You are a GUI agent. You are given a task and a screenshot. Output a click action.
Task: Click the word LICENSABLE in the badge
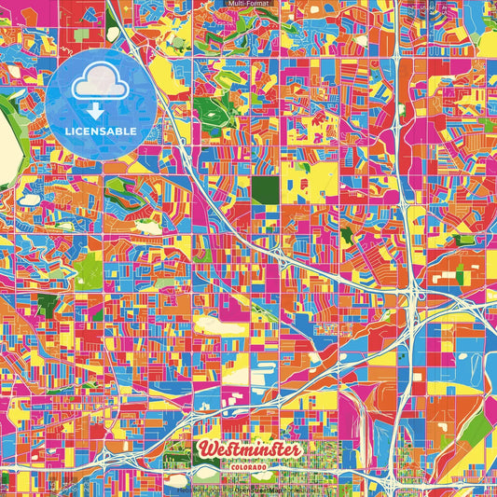(x=103, y=131)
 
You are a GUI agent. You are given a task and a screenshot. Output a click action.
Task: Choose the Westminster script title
(x=249, y=449)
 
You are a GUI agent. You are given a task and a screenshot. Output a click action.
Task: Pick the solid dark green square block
(x=267, y=190)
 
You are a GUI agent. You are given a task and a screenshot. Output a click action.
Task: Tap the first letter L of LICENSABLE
(x=71, y=131)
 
